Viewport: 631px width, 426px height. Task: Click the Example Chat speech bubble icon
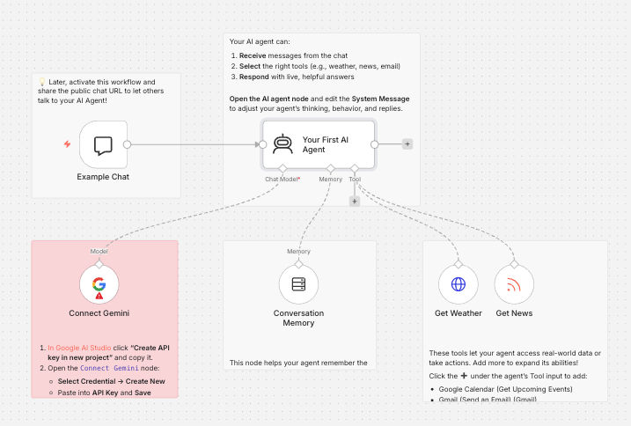coord(103,146)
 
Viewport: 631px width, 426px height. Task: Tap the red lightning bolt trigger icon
coord(67,143)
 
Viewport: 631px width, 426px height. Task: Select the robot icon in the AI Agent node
coord(282,144)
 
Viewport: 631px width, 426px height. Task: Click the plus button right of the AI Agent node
coord(407,143)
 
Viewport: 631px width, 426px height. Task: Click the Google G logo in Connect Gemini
coord(99,283)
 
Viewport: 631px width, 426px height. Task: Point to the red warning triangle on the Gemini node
coord(99,296)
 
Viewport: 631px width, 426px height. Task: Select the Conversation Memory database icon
coord(298,284)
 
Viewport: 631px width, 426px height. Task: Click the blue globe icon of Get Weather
coord(459,284)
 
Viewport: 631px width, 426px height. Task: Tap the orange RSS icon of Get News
coord(514,284)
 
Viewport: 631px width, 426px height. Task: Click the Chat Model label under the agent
coord(282,180)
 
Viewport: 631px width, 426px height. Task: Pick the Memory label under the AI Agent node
coord(330,180)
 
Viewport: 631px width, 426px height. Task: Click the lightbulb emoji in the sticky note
coord(42,82)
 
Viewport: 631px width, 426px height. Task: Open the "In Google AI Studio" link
coord(79,348)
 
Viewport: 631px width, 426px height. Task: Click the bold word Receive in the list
coord(253,55)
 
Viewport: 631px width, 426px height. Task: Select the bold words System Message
coord(380,99)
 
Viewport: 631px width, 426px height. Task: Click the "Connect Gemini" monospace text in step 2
coord(109,368)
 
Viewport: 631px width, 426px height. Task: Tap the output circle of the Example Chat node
coord(127,144)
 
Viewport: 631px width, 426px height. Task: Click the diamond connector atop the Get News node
coord(514,264)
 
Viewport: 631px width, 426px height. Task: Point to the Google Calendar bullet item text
coord(505,389)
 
